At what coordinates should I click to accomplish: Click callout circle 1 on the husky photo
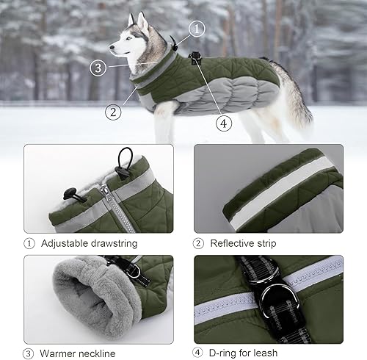pos(197,29)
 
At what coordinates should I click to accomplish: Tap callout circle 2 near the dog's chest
pos(112,112)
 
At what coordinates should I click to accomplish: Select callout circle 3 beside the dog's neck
pos(98,68)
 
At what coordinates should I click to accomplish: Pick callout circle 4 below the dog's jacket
pos(225,123)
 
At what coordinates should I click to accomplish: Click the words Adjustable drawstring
pos(89,242)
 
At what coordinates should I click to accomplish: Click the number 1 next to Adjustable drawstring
pos(29,242)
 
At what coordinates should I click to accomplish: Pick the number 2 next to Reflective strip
pos(198,242)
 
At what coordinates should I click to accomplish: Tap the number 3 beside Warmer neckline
pos(29,353)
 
